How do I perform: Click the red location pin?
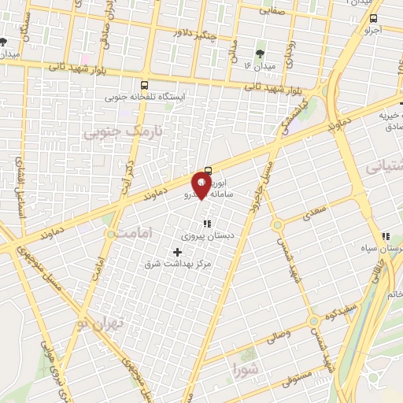click(202, 185)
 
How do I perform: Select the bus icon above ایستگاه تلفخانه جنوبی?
click(144, 84)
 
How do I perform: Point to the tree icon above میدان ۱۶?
click(260, 54)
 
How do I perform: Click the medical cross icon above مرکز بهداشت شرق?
click(176, 253)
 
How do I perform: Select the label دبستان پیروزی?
click(204, 235)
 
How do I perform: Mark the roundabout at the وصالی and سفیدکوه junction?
click(314, 320)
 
